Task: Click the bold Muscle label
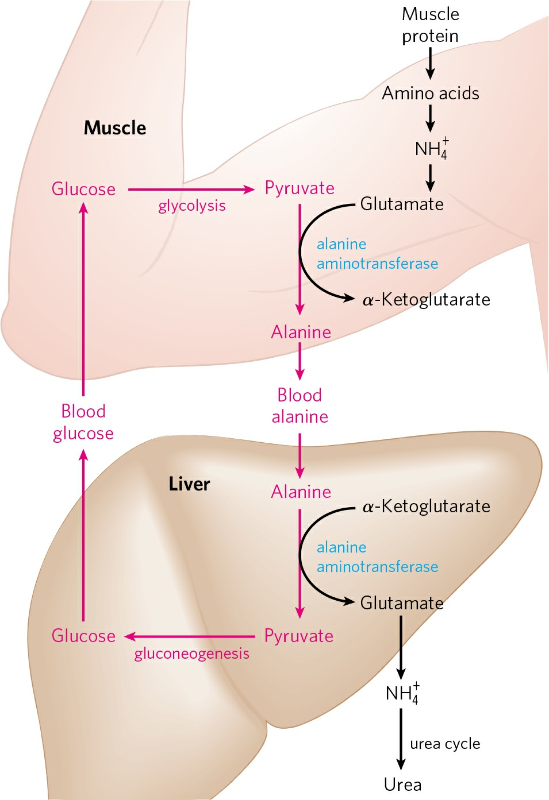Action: pyautogui.click(x=115, y=128)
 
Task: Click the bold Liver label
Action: pyautogui.click(x=189, y=484)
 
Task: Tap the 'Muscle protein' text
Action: pyautogui.click(x=431, y=25)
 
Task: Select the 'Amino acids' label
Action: pyautogui.click(x=431, y=94)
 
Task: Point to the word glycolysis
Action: pyautogui.click(x=192, y=206)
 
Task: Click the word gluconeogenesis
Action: pyautogui.click(x=191, y=654)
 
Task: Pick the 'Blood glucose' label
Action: pyautogui.click(x=83, y=423)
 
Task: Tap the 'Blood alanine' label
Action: pyautogui.click(x=300, y=406)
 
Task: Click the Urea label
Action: pyautogui.click(x=403, y=785)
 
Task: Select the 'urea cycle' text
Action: pyautogui.click(x=445, y=744)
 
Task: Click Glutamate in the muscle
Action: pyautogui.click(x=402, y=204)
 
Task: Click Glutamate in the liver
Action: pyautogui.click(x=402, y=603)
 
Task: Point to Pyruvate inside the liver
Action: pyautogui.click(x=299, y=636)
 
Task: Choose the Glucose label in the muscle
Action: pyautogui.click(x=83, y=189)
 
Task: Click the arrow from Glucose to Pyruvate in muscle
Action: pyautogui.click(x=191, y=190)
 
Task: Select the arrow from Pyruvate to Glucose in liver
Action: pyautogui.click(x=190, y=636)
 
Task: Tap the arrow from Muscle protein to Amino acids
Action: pyautogui.click(x=431, y=63)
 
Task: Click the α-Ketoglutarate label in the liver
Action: pyautogui.click(x=427, y=507)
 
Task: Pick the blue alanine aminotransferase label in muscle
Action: pyautogui.click(x=378, y=254)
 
